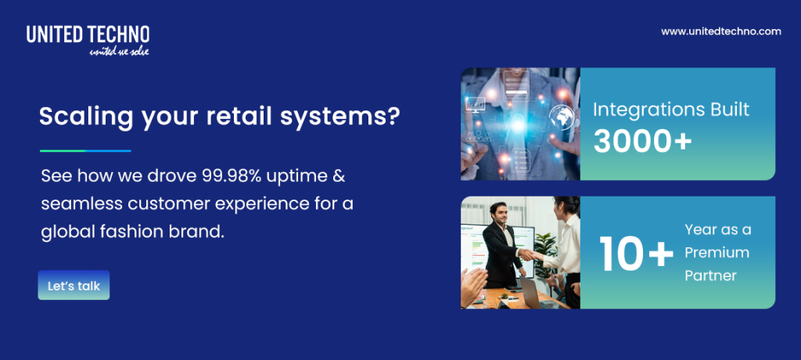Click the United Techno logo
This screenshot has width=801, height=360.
click(x=88, y=34)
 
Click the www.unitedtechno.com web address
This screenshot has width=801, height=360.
click(x=720, y=31)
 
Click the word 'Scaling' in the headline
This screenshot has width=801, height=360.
click(x=81, y=117)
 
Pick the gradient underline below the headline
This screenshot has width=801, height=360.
click(x=85, y=150)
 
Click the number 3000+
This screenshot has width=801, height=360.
click(x=642, y=140)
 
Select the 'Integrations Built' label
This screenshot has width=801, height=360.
click(x=670, y=109)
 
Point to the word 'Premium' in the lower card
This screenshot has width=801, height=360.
click(x=717, y=252)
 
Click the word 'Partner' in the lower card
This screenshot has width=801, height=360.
click(x=710, y=275)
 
